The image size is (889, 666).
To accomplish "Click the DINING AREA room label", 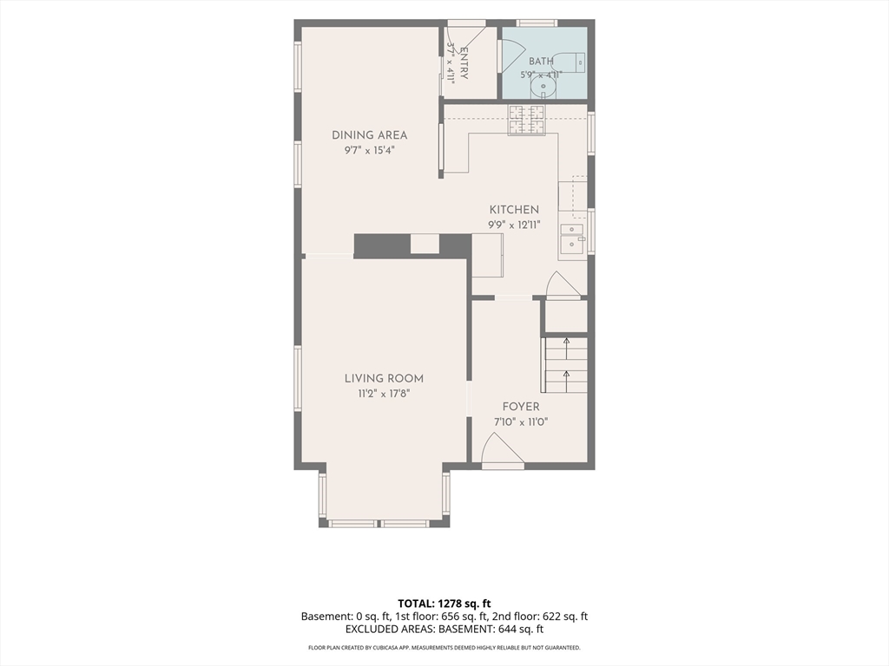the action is click(x=369, y=135).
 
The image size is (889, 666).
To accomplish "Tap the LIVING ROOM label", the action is click(x=384, y=379).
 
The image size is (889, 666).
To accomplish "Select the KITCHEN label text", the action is click(x=514, y=210).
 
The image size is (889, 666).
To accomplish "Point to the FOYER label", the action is click(x=521, y=407).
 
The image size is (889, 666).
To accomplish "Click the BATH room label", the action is click(x=541, y=62).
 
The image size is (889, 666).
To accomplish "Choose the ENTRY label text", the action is click(x=464, y=62).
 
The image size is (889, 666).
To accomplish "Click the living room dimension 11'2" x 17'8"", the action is click(x=384, y=394).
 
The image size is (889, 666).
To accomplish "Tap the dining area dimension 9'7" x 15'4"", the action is click(x=369, y=150).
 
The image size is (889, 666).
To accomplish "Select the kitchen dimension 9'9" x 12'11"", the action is click(x=514, y=225).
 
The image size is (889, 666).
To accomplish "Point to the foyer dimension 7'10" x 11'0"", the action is click(x=521, y=422).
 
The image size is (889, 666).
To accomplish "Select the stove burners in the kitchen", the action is click(x=526, y=121).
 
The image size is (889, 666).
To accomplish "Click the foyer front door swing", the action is click(x=503, y=448).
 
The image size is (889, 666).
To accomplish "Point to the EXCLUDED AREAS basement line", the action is click(x=444, y=630).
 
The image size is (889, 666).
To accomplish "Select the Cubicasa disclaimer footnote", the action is click(x=444, y=647).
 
